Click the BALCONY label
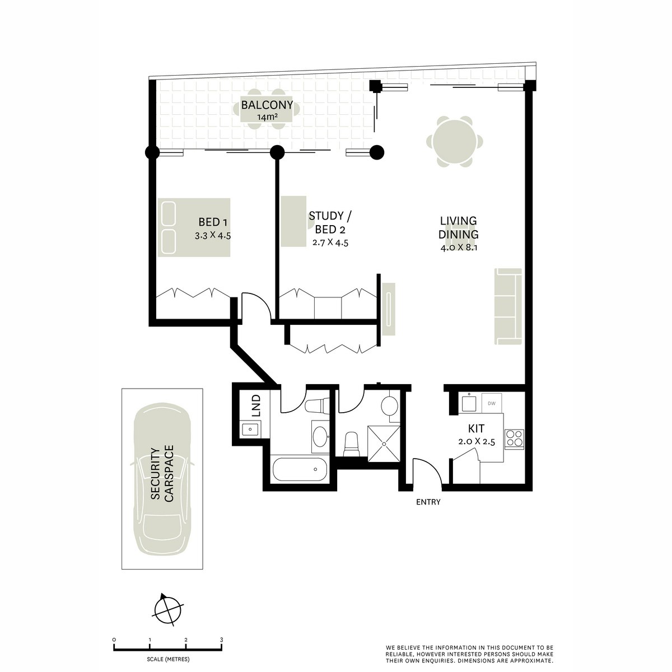coord(267,105)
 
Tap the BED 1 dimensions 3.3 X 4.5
coord(213,236)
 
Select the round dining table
coord(454,142)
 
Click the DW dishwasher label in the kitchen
coord(491,403)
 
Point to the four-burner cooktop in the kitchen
coord(515,438)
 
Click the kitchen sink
coord(469,403)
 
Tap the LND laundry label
coord(256,405)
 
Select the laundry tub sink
coord(250,429)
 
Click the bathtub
coord(300,469)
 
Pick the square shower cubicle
coord(384,444)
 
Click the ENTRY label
coord(428,502)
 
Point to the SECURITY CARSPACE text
coord(162,473)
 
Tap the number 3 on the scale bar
coord(221,640)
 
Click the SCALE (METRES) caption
coord(168,659)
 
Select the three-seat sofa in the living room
coord(508,306)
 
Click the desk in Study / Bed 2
coord(293,221)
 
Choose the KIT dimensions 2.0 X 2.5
coord(477,441)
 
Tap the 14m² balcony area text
coord(267,117)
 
